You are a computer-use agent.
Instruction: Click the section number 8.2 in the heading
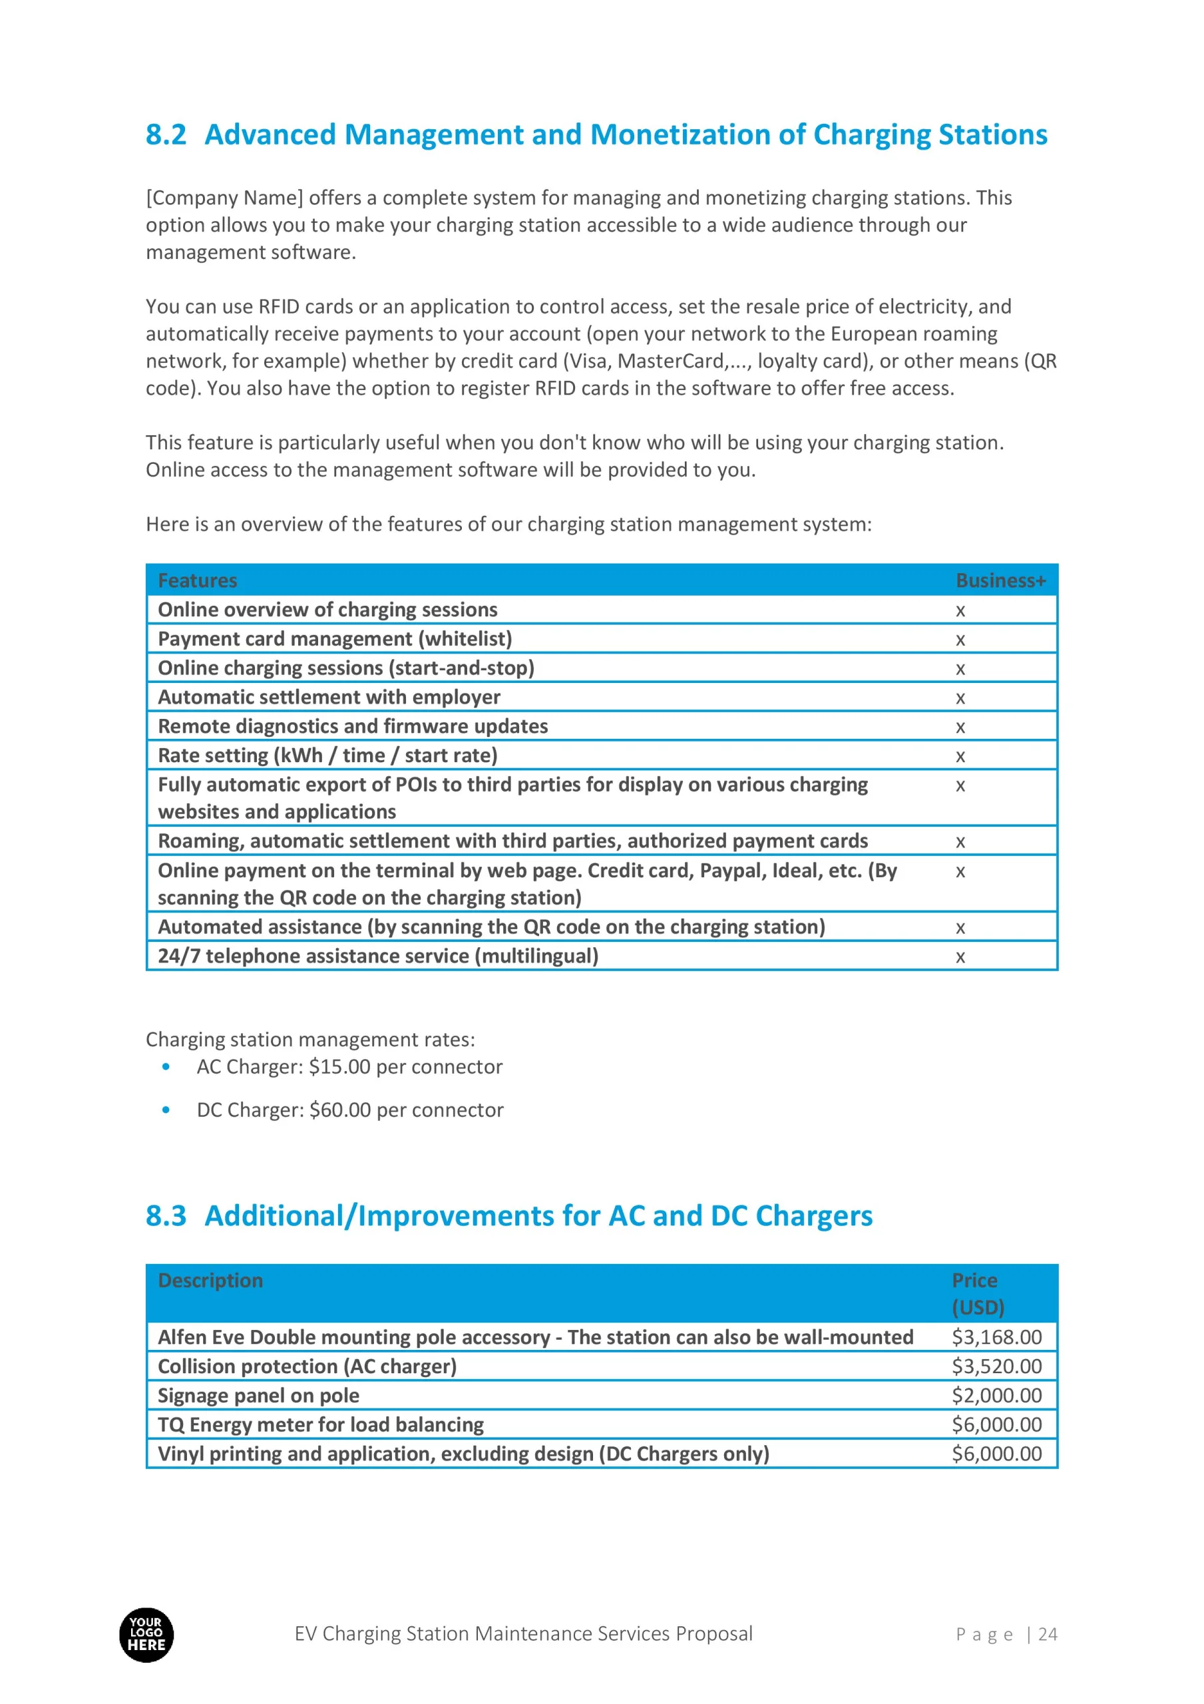[x=166, y=135]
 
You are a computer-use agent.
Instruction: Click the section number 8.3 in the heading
[x=166, y=1215]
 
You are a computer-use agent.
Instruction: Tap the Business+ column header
[x=1000, y=580]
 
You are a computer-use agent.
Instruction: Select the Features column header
[x=198, y=580]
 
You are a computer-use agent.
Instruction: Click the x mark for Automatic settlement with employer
[x=960, y=698]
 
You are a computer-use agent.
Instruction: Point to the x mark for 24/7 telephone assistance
[x=960, y=957]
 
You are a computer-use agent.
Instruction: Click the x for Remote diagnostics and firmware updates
[x=960, y=728]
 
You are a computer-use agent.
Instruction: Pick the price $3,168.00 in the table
[x=996, y=1337]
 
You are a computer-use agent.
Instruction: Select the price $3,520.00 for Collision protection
[x=996, y=1367]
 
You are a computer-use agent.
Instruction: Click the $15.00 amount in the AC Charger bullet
[x=339, y=1066]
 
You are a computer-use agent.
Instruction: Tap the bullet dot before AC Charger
[x=166, y=1067]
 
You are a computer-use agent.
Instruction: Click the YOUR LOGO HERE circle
[x=146, y=1635]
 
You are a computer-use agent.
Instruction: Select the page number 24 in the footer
[x=1048, y=1634]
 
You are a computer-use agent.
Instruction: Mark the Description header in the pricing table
[x=210, y=1280]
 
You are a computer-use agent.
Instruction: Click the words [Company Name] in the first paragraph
[x=224, y=198]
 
